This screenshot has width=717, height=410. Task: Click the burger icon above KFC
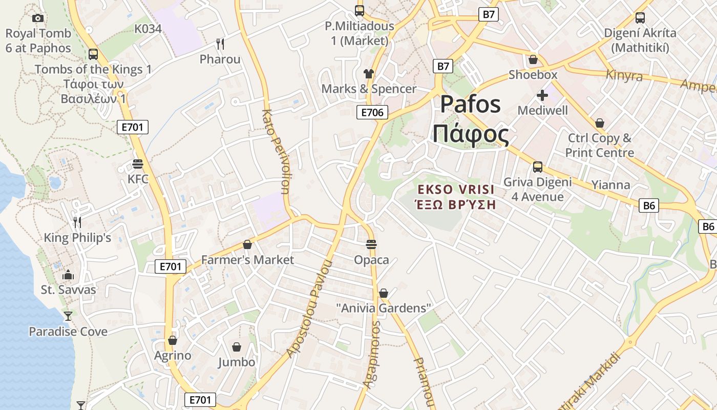(137, 164)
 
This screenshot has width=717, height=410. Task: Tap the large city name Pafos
(470, 105)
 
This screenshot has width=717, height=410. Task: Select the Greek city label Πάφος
(470, 134)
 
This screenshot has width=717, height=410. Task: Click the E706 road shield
(372, 113)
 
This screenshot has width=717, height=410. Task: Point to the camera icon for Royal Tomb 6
(37, 18)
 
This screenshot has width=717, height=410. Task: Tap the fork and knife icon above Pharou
(220, 44)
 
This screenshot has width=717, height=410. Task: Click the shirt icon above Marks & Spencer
(368, 73)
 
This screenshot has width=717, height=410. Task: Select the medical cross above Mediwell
(542, 95)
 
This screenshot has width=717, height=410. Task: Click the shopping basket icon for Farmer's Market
(247, 244)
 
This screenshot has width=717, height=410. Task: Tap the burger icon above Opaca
(371, 244)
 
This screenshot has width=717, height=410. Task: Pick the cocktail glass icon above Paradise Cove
(68, 316)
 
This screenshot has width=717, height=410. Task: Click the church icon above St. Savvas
(68, 275)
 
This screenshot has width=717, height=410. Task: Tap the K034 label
(148, 29)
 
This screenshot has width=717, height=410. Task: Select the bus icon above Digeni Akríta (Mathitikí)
(640, 18)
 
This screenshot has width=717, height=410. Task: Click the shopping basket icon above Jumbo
(236, 347)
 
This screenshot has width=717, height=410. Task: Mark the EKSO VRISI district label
(456, 190)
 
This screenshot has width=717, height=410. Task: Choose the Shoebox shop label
(533, 75)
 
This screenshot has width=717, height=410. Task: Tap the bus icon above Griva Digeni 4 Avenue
(537, 167)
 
